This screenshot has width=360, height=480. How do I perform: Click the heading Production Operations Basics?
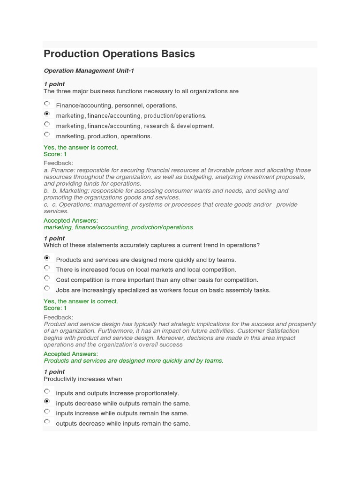pyautogui.click(x=119, y=54)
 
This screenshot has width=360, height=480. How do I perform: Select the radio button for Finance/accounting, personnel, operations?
pyautogui.click(x=47, y=104)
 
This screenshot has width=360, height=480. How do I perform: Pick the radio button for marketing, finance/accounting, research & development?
pyautogui.click(x=47, y=125)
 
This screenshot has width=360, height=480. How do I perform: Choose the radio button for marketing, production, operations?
pyautogui.click(x=47, y=135)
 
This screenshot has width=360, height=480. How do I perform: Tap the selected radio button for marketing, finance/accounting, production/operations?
pyautogui.click(x=47, y=114)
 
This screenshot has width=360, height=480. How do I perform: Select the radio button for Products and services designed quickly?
pyautogui.click(x=47, y=258)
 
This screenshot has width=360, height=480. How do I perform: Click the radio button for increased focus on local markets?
pyautogui.click(x=47, y=268)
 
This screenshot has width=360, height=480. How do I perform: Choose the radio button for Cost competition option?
pyautogui.click(x=47, y=278)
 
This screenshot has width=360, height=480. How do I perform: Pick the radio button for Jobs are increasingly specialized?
pyautogui.click(x=47, y=289)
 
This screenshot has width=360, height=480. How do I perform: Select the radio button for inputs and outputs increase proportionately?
pyautogui.click(x=47, y=392)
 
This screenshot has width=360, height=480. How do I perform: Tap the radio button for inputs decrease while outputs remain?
pyautogui.click(x=47, y=402)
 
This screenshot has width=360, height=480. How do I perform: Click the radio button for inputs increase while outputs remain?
pyautogui.click(x=47, y=412)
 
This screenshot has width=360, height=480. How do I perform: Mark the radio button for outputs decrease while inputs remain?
pyautogui.click(x=47, y=422)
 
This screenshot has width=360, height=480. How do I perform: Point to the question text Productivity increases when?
pyautogui.click(x=82, y=379)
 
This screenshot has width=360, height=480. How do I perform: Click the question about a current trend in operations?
pyautogui.click(x=151, y=245)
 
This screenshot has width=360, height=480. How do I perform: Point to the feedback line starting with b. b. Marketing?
pyautogui.click(x=166, y=191)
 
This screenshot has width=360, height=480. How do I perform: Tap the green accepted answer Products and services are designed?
pyautogui.click(x=134, y=361)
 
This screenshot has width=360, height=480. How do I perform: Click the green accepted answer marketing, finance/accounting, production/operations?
pyautogui.click(x=119, y=227)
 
